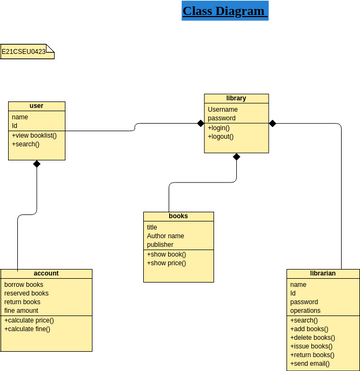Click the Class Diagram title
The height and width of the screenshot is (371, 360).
[x=224, y=12]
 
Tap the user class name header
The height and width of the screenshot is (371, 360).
[x=37, y=106]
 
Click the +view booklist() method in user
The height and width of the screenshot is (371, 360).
[x=35, y=135]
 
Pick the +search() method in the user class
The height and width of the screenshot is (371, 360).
[x=26, y=144]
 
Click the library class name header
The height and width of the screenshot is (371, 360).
[x=236, y=98]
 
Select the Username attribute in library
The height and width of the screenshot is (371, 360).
[x=223, y=109]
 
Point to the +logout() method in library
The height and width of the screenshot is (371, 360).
[x=221, y=136]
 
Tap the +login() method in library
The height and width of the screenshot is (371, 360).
[x=219, y=128]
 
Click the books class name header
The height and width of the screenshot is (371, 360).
[x=179, y=216]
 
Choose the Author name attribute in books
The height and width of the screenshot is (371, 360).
[x=166, y=236]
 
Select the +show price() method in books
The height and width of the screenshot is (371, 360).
[x=166, y=263]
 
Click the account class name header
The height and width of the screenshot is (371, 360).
[x=46, y=273]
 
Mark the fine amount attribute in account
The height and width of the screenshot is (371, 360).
[x=22, y=311]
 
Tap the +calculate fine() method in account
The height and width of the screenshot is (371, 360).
[x=28, y=329]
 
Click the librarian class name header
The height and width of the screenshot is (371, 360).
[x=323, y=273]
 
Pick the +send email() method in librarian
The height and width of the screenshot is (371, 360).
[x=310, y=364]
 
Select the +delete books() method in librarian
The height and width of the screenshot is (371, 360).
[x=313, y=337]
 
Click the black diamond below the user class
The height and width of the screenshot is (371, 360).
[x=37, y=164]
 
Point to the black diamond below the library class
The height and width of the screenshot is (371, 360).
[x=237, y=157]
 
